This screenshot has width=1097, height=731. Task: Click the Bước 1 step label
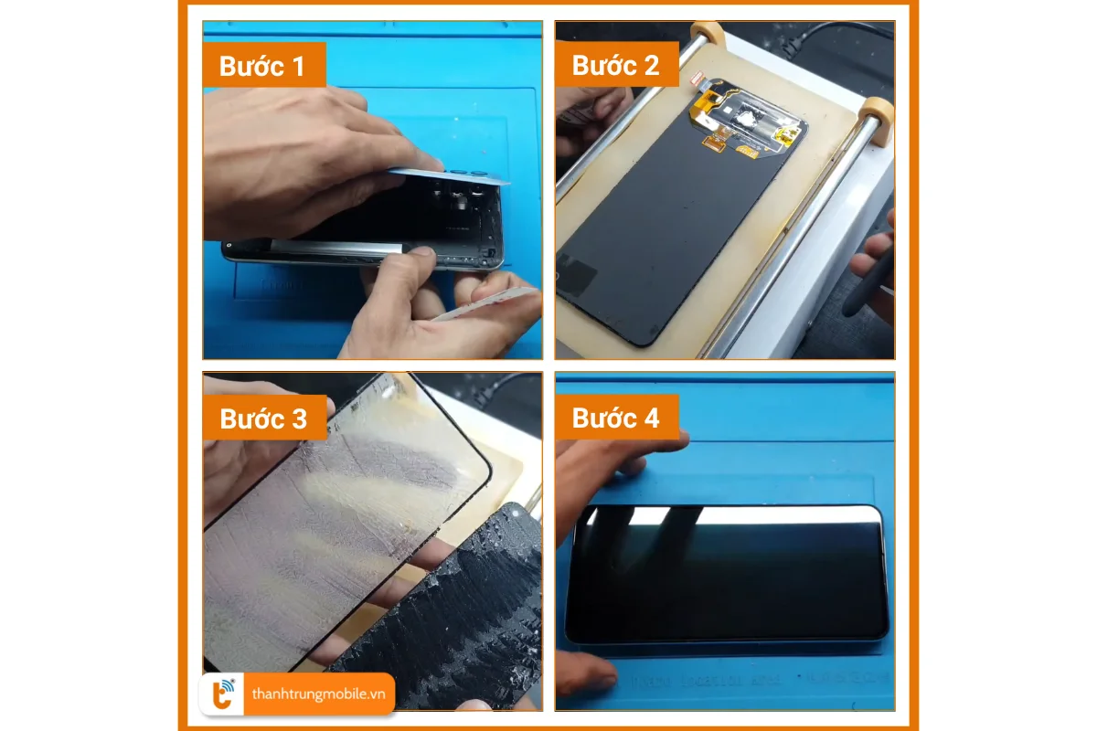tap(262, 66)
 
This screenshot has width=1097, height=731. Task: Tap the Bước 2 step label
tap(615, 66)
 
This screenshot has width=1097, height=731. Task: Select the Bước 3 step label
tap(263, 418)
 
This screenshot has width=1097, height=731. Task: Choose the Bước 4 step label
tap(615, 418)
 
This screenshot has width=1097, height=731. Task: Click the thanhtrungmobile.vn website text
tap(318, 694)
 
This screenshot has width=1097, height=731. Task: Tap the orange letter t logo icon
tap(223, 694)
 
